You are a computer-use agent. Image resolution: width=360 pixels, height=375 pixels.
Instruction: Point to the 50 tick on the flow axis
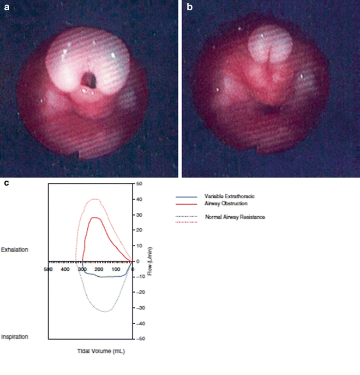click(x=139, y=184)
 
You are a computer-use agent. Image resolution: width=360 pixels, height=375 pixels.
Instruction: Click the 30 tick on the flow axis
click(x=139, y=215)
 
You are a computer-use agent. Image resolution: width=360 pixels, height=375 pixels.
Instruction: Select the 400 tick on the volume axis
click(x=65, y=269)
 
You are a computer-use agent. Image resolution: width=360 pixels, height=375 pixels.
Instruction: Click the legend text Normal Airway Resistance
click(x=235, y=217)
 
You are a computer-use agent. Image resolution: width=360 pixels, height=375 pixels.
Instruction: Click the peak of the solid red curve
click(x=96, y=218)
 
